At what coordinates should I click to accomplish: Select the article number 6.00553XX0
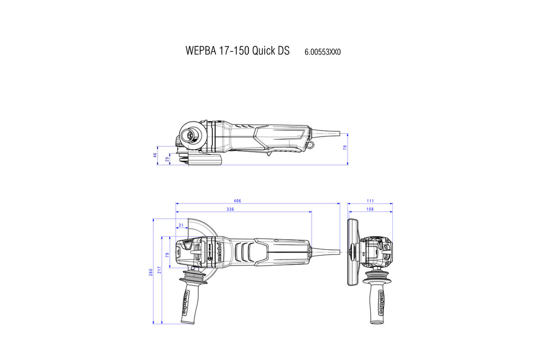tap(326, 52)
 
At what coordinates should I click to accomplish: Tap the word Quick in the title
tap(264, 51)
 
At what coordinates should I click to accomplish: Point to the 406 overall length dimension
tap(237, 201)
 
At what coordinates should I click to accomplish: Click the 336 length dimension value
tap(230, 209)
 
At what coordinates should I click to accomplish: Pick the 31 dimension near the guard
tap(181, 225)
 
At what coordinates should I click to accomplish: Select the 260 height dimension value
tap(151, 271)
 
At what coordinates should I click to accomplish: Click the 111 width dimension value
tap(370, 201)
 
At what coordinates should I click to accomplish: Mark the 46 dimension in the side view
tap(156, 155)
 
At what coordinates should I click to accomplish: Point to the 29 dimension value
tap(167, 159)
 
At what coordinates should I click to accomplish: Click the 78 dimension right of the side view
tap(345, 148)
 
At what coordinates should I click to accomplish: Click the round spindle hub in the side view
tap(187, 135)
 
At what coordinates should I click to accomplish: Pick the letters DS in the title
tap(283, 51)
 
